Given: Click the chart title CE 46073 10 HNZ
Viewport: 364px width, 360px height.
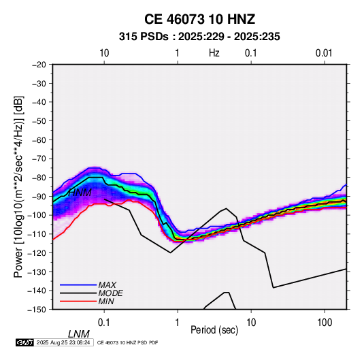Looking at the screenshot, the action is [199, 19].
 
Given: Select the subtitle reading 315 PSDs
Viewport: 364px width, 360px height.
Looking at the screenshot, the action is [144, 37].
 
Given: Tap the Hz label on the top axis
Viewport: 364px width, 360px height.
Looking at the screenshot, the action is [214, 53].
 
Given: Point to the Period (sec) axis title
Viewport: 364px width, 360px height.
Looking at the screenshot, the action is [214, 329].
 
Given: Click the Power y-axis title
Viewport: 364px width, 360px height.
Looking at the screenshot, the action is [18, 186].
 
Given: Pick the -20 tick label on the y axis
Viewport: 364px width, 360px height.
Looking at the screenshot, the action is [39, 65].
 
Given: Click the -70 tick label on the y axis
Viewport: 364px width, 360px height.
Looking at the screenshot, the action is [39, 159].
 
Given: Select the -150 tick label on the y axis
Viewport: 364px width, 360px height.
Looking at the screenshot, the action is [37, 310].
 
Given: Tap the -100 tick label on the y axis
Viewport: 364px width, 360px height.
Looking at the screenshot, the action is [37, 215].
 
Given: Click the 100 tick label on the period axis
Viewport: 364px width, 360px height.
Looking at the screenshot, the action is [325, 323].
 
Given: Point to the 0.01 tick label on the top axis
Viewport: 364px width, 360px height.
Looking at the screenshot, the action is [324, 53].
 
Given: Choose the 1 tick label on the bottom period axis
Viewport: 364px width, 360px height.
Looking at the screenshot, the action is [177, 323].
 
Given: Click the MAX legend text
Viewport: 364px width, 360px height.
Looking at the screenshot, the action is [107, 284].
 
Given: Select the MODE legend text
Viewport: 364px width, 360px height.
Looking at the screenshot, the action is [110, 293].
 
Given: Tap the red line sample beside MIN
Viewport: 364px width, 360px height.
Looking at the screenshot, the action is [78, 301].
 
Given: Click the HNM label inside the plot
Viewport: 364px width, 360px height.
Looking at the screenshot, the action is [80, 193].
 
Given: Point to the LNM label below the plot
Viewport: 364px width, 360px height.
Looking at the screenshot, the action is [79, 334].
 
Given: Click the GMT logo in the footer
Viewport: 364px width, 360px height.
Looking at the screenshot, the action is [25, 342].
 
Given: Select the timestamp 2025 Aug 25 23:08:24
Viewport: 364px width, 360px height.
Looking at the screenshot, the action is [63, 342].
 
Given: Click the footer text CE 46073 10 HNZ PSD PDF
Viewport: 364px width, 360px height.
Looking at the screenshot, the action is [127, 342].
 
